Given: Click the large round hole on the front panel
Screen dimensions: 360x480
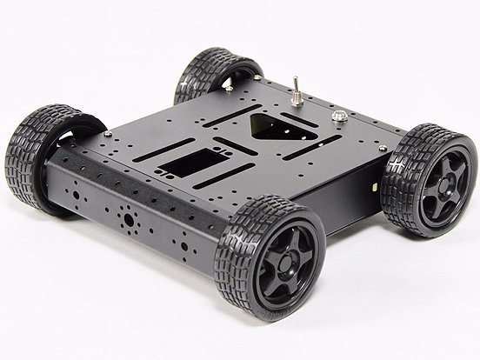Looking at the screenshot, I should click(128, 218).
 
